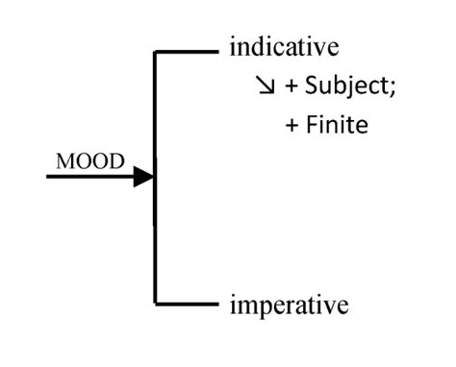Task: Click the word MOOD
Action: pos(90,161)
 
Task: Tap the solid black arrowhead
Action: pos(144,177)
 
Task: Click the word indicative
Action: pos(285,47)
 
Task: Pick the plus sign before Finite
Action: pos(291,126)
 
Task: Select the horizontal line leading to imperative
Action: pos(188,305)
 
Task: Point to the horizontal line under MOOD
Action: pos(91,177)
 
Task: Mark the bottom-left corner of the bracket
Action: pos(155,305)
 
